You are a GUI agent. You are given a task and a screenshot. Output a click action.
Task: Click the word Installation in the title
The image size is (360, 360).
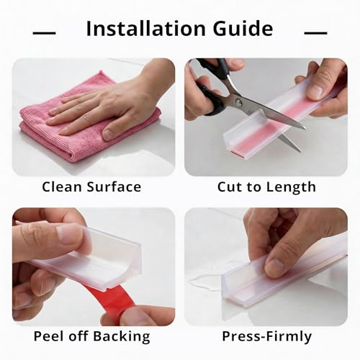(x=146, y=29)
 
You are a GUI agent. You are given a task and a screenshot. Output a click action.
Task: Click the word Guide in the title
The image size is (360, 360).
(x=243, y=29)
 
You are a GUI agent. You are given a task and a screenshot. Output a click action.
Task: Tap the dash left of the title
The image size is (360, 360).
(x=45, y=33)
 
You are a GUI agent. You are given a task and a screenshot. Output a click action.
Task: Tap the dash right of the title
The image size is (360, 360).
(x=315, y=33)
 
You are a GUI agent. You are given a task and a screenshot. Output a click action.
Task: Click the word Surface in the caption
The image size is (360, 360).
(x=114, y=186)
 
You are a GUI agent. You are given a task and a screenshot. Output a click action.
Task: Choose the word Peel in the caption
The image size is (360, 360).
(x=50, y=336)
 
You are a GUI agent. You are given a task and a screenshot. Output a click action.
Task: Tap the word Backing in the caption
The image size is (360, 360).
(x=122, y=336)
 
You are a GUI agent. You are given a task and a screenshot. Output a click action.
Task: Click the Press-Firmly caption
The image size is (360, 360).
(x=267, y=336)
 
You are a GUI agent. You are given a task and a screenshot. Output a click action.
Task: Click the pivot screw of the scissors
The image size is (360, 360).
(x=238, y=103)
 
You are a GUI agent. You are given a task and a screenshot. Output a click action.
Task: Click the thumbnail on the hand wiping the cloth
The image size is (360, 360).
(x=109, y=134)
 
